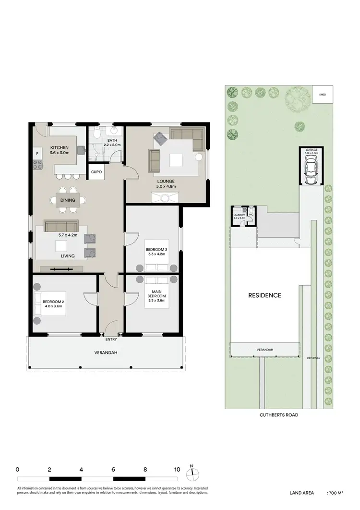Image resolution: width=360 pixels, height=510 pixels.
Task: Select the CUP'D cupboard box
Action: click(96, 172)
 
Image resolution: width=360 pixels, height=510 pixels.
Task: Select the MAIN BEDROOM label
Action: click(156, 293)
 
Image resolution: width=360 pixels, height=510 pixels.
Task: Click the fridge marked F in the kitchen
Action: click(37, 153)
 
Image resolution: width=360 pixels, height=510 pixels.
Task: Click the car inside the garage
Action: click(310, 171)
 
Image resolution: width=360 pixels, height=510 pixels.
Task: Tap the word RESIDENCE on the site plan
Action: click(264, 295)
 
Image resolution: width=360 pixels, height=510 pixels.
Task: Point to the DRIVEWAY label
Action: click(314, 358)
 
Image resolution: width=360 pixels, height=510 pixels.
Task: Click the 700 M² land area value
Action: click(336, 493)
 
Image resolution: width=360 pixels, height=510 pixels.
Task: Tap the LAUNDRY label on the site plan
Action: click(239, 215)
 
